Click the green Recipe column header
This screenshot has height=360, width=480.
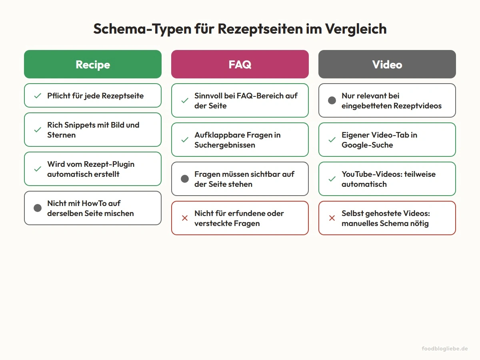click(93, 64)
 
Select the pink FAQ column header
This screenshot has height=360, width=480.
click(240, 64)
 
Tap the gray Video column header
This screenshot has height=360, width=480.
click(387, 64)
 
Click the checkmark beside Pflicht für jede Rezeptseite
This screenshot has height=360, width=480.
click(38, 96)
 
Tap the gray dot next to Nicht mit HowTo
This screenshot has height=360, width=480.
click(38, 208)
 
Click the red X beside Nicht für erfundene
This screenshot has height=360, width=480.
click(185, 218)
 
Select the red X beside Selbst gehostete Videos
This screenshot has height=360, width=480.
click(332, 218)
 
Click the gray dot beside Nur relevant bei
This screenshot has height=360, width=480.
click(332, 100)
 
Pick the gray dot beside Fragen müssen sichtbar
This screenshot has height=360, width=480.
click(185, 179)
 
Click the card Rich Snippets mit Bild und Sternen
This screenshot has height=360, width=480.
click(93, 130)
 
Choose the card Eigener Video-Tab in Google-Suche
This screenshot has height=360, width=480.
click(387, 140)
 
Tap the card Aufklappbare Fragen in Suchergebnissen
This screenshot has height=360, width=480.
click(240, 140)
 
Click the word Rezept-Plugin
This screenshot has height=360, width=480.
click(109, 164)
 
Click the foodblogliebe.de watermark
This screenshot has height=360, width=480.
click(445, 348)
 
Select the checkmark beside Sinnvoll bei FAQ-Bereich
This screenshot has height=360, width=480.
click(185, 100)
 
